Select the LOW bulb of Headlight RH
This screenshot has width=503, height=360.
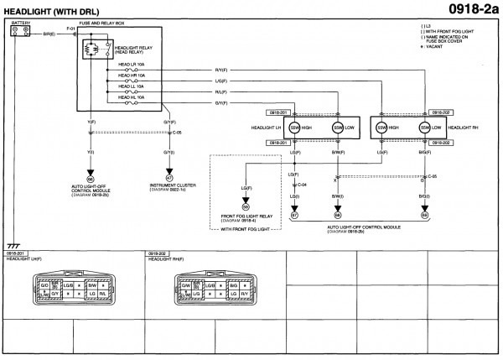(x=425, y=128)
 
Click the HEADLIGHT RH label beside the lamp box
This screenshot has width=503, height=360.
(x=466, y=127)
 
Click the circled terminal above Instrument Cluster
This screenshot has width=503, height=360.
(x=169, y=177)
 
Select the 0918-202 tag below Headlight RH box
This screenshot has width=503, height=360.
(x=441, y=143)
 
